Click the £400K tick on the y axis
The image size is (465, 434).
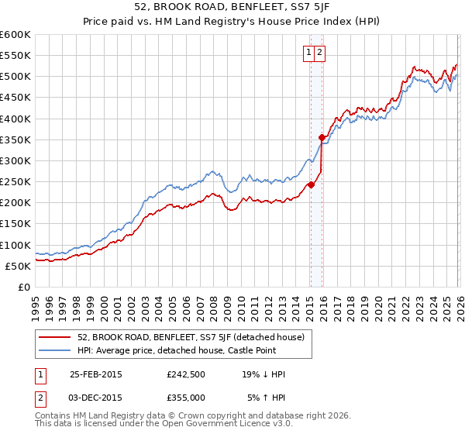pos(15,119)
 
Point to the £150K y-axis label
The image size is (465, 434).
pos(15,223)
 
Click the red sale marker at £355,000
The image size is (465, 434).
pos(322,137)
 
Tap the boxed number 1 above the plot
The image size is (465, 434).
pos(308,53)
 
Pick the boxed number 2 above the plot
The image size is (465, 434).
pos(319,53)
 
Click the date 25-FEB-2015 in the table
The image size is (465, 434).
pos(96,374)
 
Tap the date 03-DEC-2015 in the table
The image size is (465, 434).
pos(96,398)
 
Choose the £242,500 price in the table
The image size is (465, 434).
pos(185,374)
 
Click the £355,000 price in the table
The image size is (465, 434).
pos(185,398)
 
